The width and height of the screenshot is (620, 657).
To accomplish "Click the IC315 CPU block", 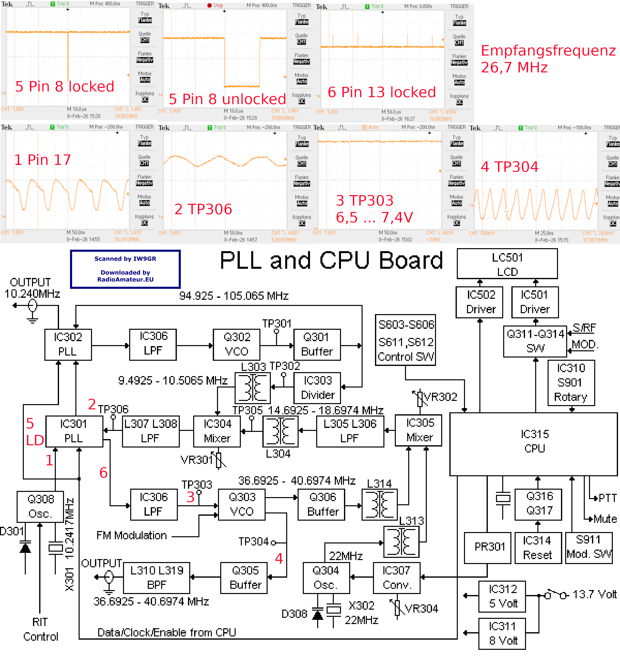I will click(x=533, y=444).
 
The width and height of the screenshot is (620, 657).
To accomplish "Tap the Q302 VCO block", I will click(x=236, y=344).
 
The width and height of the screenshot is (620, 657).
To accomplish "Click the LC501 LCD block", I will click(x=507, y=264).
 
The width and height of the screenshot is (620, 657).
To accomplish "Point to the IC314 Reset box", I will click(x=538, y=548).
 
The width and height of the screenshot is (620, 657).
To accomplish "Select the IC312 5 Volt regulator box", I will click(x=502, y=596).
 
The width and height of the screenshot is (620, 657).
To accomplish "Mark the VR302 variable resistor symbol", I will click(x=420, y=399).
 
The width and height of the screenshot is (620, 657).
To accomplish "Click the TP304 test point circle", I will click(x=273, y=542).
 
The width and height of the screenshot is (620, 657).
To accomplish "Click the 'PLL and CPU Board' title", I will click(x=331, y=260).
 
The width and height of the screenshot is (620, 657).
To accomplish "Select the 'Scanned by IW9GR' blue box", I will click(x=125, y=269).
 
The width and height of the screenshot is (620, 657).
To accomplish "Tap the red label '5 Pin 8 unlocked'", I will click(x=227, y=99).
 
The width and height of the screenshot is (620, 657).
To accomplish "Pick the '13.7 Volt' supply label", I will click(x=594, y=595).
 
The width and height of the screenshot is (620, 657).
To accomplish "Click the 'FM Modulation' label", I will click(x=132, y=535).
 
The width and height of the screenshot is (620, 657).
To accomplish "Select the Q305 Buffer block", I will click(x=244, y=578).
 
